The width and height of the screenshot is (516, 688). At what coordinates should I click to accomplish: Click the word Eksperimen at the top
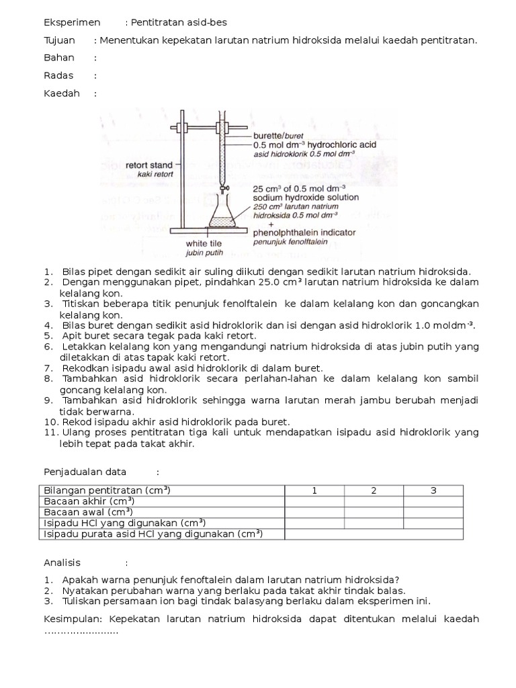72,22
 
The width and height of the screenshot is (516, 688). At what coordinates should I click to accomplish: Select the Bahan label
59,58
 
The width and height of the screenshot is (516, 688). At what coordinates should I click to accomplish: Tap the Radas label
58,75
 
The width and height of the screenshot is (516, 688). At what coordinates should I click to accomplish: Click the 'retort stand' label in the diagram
148,164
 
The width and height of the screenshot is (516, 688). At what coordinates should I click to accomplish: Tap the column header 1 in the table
314,490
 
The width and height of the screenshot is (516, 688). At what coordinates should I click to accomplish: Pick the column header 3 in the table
433,490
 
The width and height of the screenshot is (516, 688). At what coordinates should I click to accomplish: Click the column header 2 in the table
374,490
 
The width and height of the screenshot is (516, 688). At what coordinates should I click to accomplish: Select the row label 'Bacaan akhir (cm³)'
89,501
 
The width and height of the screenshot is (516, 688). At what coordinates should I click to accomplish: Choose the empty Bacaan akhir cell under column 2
374,501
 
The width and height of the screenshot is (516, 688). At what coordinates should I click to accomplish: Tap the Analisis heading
62,562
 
